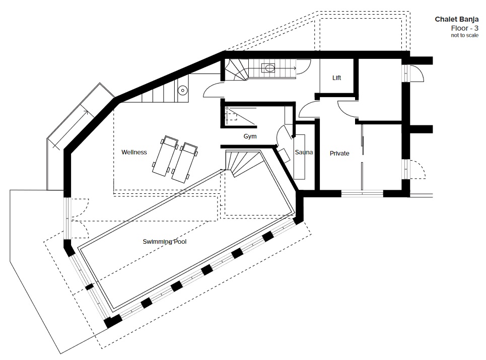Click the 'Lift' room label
336,78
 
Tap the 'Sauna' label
304,152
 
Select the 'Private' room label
339,154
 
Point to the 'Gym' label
250,136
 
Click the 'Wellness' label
134,152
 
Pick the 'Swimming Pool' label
165,242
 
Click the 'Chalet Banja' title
457,19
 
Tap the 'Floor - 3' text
465,28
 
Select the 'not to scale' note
465,35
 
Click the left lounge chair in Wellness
165,156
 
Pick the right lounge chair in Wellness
185,163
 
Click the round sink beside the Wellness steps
183,91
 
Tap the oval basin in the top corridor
268,68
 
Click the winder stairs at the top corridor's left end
237,69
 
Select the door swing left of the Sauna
284,135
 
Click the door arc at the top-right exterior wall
417,74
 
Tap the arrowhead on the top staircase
294,68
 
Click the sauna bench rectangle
300,157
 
